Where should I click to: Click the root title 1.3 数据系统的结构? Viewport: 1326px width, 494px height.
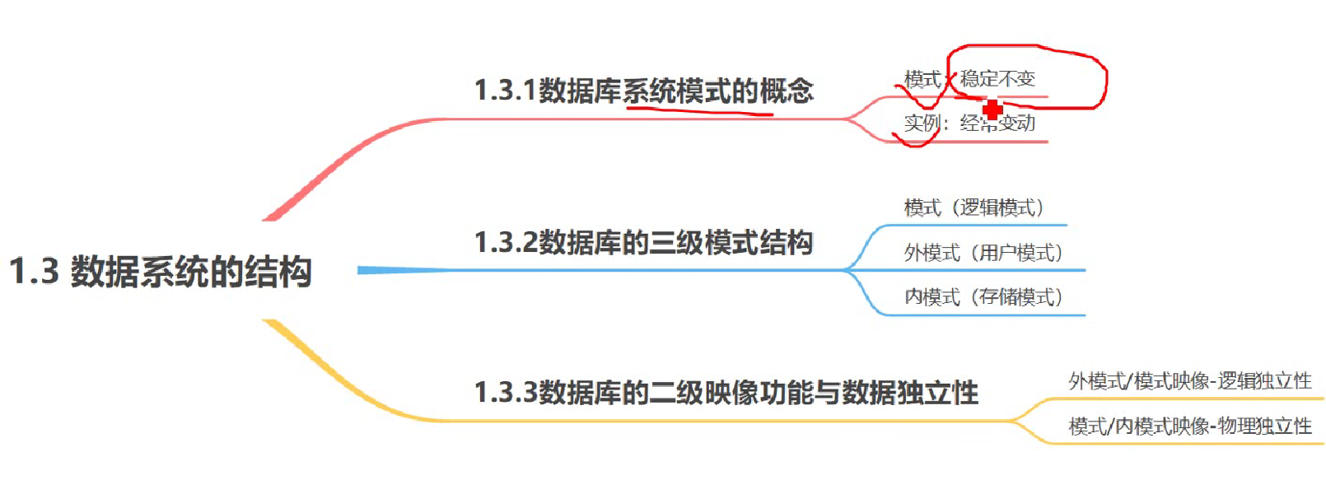coord(161,272)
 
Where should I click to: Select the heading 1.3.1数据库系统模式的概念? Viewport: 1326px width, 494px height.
coord(643,91)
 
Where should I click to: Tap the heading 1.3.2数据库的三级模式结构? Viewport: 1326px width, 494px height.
coord(643,243)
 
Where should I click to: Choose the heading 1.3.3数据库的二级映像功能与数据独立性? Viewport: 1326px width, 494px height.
coord(726,393)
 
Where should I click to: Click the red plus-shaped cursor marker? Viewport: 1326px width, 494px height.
coord(992,110)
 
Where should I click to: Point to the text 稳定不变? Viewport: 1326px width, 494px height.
coord(997,79)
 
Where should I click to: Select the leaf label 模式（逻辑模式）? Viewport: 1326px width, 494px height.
coord(974,207)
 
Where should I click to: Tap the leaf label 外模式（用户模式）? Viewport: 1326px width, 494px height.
coord(983,253)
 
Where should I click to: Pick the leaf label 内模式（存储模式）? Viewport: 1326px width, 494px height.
coord(983,297)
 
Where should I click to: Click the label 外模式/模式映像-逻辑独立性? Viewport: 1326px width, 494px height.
coord(1189,381)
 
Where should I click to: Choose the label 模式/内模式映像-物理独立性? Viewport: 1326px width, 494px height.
coord(1189,426)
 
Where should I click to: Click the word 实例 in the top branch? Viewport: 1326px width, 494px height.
coord(922,123)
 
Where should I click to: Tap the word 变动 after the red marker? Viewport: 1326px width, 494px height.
coord(1018,123)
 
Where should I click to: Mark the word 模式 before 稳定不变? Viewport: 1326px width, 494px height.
coord(922,79)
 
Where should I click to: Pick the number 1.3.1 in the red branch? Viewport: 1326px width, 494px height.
coord(505,91)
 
